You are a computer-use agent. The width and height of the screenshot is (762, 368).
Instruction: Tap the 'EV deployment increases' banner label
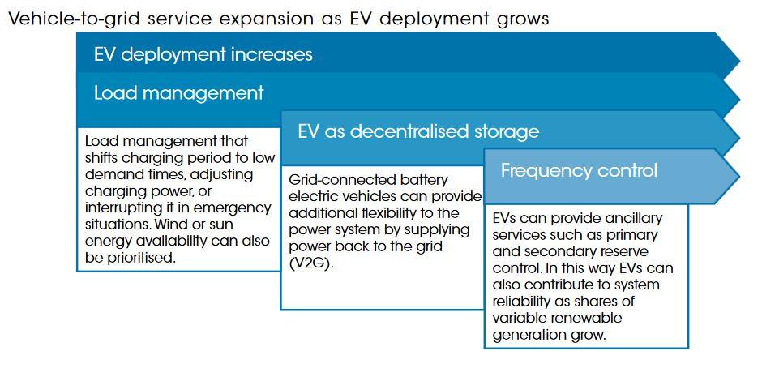click(x=203, y=54)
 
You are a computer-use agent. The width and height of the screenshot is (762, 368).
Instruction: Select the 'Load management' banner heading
click(x=179, y=93)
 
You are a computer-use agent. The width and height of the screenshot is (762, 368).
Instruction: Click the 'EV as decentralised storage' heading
click(x=418, y=132)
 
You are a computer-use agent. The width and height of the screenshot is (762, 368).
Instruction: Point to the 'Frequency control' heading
click(x=579, y=171)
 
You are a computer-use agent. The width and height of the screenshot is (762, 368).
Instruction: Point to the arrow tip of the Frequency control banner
click(x=739, y=176)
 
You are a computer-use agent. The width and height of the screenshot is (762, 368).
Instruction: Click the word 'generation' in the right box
click(x=526, y=336)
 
